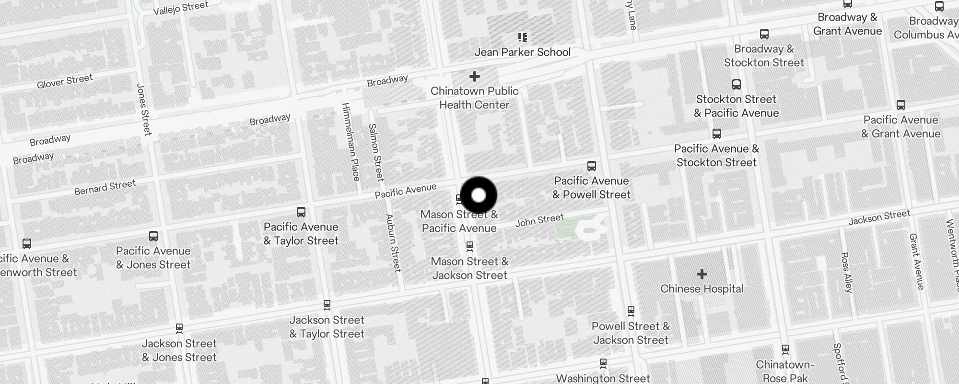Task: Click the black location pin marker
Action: (479, 195)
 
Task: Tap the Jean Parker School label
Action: (522, 52)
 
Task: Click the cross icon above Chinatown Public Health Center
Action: (474, 76)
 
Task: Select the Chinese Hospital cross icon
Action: (702, 274)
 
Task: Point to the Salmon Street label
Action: (376, 152)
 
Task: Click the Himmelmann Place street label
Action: (351, 142)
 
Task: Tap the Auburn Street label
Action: (394, 243)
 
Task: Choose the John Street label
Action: (539, 220)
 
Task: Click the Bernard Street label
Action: (105, 187)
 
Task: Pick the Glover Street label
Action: (65, 81)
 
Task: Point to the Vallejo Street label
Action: (181, 8)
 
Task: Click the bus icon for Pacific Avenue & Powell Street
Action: (592, 166)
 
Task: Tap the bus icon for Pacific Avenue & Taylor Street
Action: (301, 212)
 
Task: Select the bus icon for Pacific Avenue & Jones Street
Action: (153, 236)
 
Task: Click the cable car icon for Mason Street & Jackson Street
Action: (470, 246)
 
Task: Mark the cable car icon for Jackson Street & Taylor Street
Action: (327, 304)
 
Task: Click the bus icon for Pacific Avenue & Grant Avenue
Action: (901, 105)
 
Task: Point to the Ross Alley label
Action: (846, 272)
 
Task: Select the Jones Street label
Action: (144, 109)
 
